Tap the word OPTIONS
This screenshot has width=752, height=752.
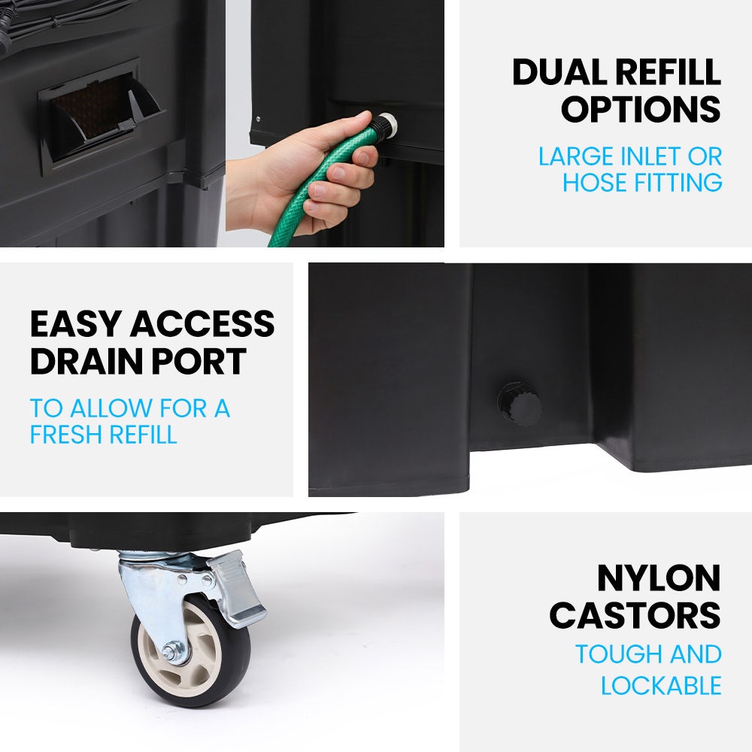click(641, 109)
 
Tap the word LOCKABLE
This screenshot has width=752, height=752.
click(661, 685)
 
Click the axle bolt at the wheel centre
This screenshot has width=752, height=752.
click(172, 653)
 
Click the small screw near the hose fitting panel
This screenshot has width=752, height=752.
click(259, 119)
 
